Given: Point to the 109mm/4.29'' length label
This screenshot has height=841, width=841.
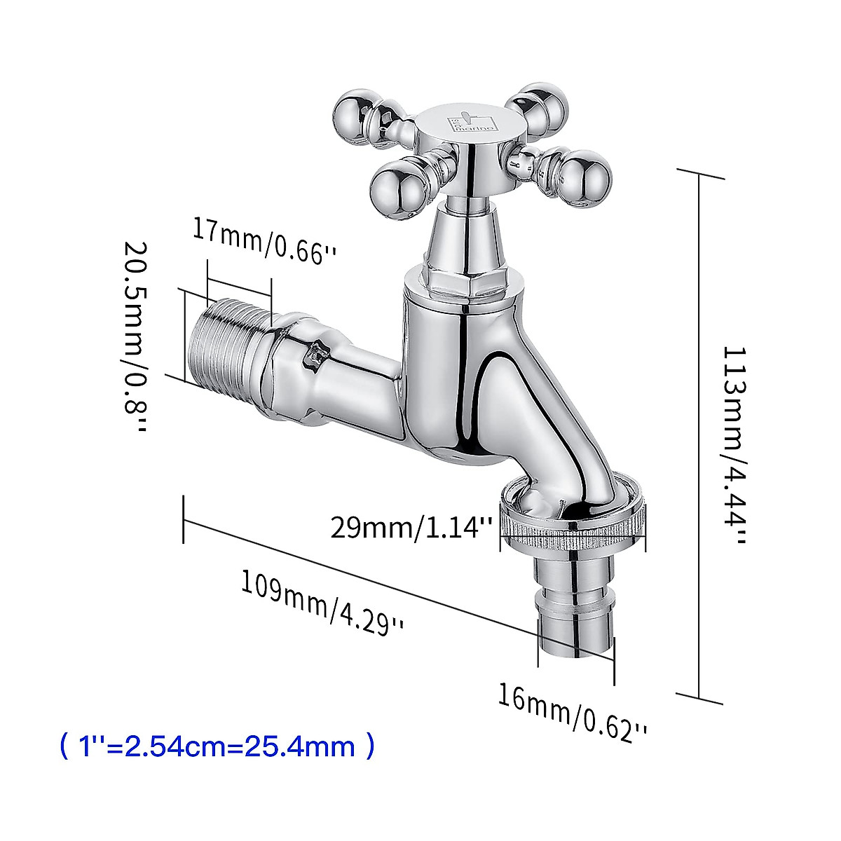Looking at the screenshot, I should (323, 602).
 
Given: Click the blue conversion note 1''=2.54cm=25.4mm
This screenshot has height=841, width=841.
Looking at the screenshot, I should (217, 746).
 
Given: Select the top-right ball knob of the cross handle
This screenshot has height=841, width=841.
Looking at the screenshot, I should (545, 105).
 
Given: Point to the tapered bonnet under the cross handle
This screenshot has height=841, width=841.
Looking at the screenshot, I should (466, 238).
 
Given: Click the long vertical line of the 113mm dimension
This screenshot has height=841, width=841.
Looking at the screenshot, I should (699, 435).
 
